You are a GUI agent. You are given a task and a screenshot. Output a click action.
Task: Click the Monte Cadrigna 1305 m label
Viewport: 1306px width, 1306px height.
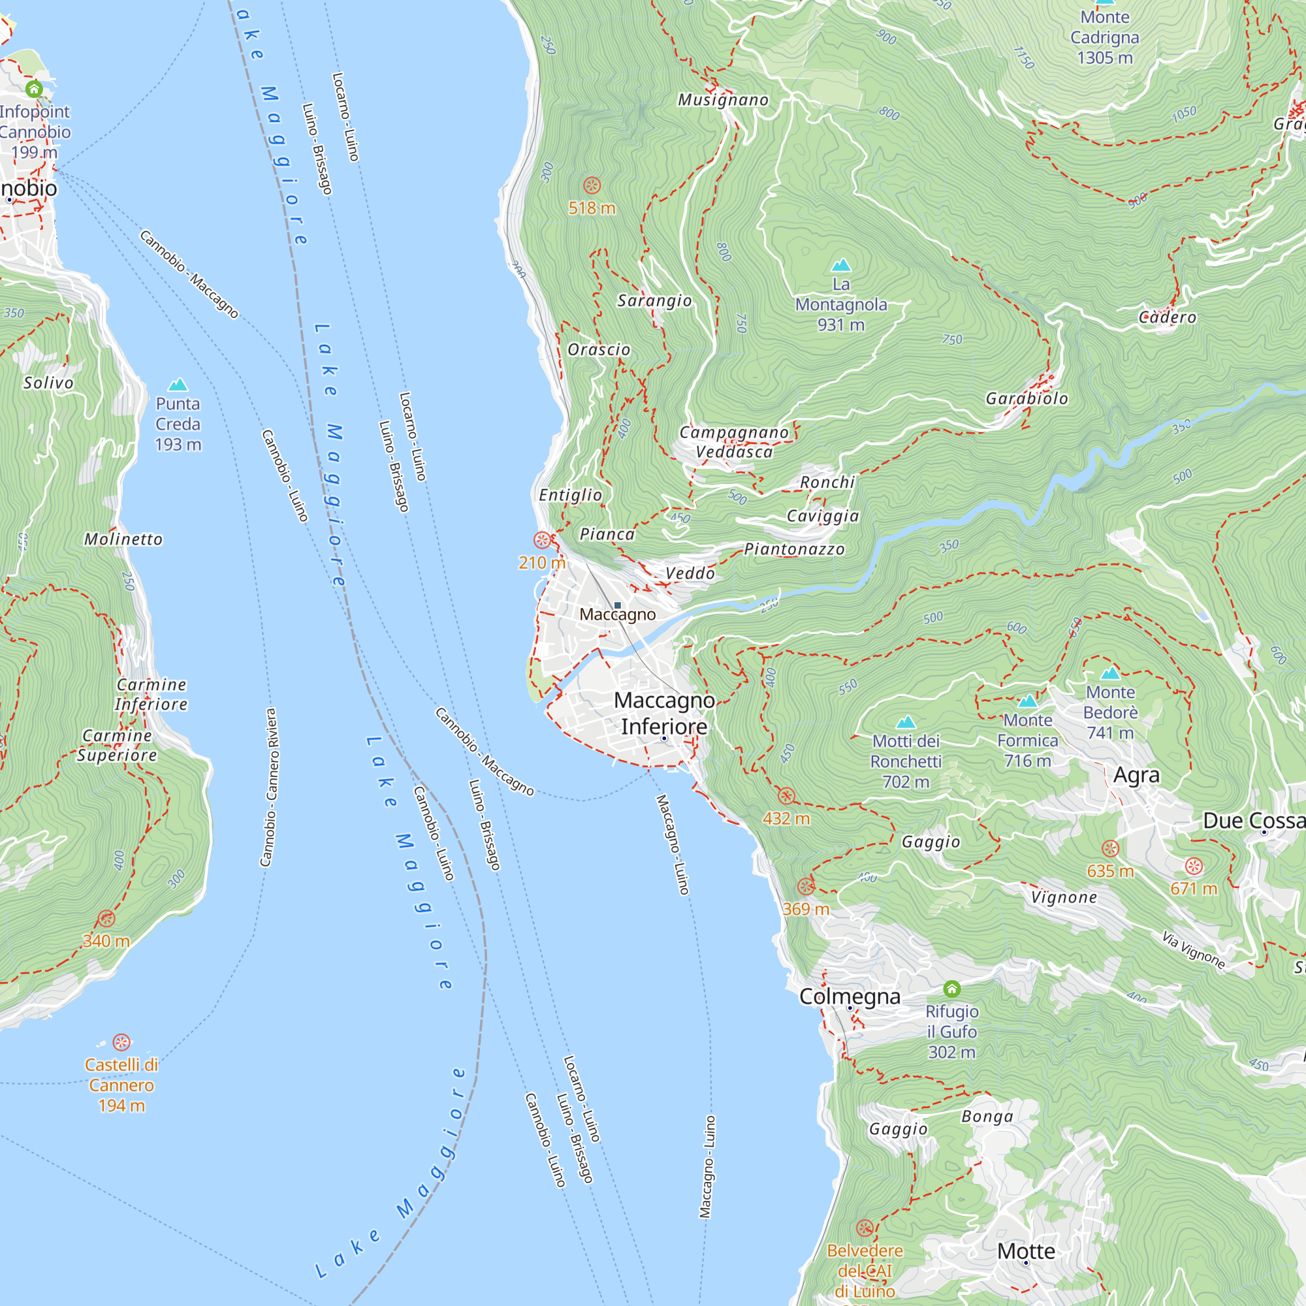pos(1105,37)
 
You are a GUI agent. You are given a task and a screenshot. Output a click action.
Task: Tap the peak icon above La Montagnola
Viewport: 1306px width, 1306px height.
pos(841,264)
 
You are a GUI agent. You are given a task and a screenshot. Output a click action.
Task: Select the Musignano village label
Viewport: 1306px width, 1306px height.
pos(724,100)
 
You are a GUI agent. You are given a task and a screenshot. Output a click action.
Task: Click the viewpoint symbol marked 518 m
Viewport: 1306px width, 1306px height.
pos(592,185)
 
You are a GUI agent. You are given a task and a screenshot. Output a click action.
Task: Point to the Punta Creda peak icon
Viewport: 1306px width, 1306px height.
pos(178,385)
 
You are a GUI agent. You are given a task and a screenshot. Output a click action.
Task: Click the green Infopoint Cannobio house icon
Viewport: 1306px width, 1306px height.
pos(34,89)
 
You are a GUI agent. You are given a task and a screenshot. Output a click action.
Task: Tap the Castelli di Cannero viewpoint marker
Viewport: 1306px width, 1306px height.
pos(121,1042)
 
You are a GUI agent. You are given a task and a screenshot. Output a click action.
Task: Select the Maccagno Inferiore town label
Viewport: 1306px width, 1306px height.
pos(664,713)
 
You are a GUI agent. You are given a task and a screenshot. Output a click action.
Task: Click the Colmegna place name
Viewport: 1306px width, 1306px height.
pos(850,997)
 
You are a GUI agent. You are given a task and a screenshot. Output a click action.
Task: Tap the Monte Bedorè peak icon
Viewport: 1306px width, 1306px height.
pos(1110,673)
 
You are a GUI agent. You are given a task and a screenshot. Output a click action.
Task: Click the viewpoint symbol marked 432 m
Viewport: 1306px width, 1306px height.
pos(786,795)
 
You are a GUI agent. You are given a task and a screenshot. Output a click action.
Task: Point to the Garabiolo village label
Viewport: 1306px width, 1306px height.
pos(1027,399)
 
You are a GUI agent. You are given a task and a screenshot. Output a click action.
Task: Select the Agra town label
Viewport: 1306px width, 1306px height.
pos(1136,775)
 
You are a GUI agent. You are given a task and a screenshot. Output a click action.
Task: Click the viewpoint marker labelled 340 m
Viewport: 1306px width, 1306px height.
pos(106,919)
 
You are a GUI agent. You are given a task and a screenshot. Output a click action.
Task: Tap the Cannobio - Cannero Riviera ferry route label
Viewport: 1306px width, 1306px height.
pos(268,788)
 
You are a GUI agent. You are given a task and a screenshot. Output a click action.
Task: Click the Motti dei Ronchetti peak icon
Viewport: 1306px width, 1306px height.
pos(906,722)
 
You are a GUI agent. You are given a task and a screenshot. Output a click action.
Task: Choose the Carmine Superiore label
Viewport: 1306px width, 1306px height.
pos(117,745)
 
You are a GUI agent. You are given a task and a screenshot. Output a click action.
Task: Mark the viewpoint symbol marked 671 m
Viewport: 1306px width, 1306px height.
pos(1194,866)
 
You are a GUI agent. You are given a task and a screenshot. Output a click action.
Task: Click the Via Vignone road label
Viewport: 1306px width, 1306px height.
pos(1193,949)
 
